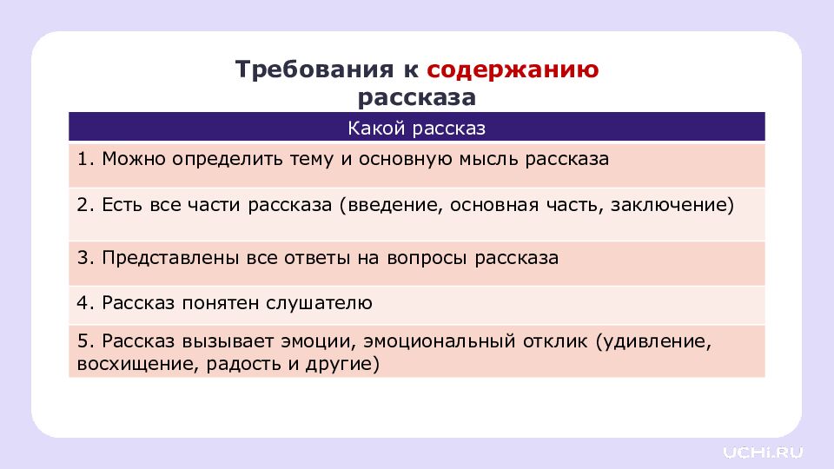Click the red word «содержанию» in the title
tap(513, 69)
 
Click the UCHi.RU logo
tap(764, 452)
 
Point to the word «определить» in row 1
tap(221, 161)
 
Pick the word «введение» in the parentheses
tap(388, 207)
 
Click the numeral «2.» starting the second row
tap(84, 207)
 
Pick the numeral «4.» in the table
tap(84, 303)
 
